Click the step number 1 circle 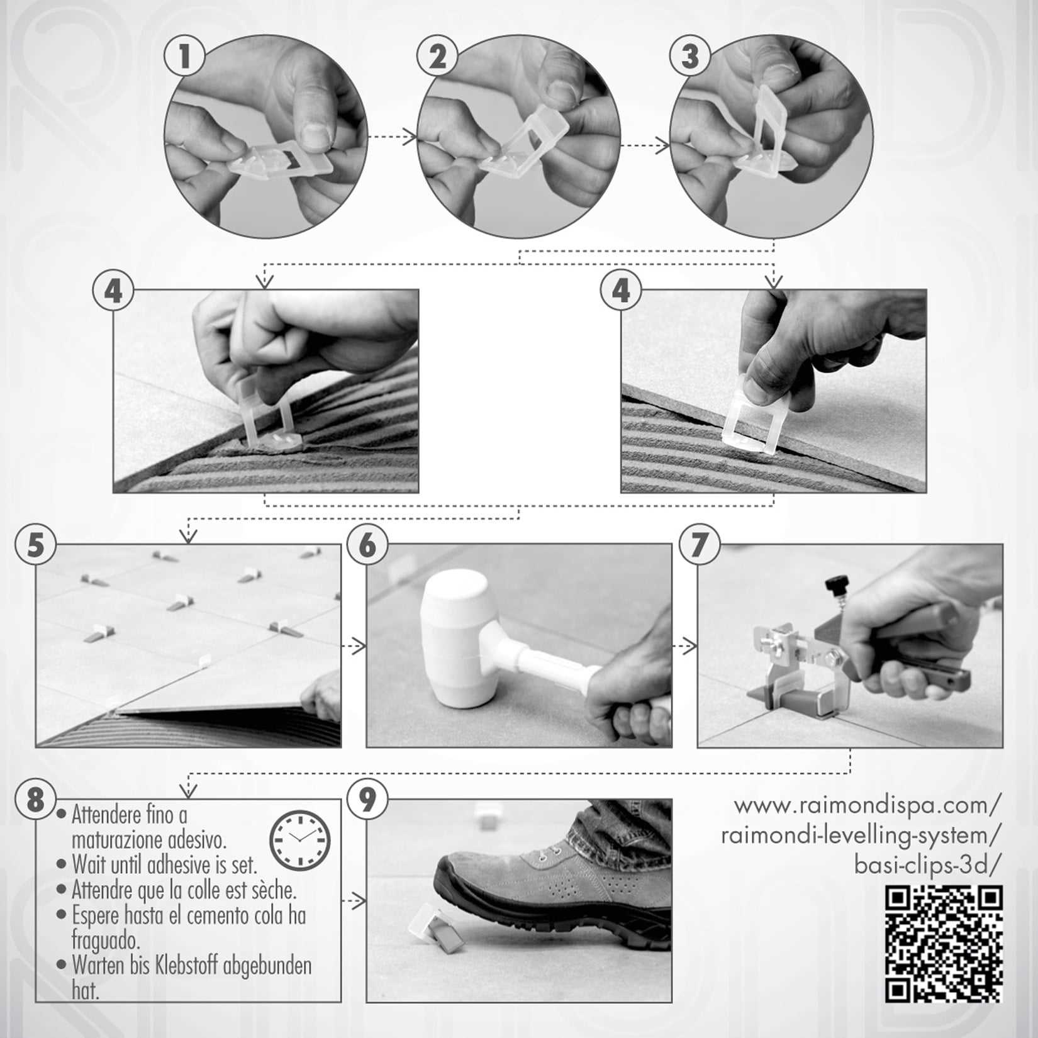coord(184,56)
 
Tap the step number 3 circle coord(690,56)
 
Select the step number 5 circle coord(35,545)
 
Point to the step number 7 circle coord(699,545)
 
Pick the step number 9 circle coord(367,800)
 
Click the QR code coord(944,944)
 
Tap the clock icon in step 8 coord(300,840)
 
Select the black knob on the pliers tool coord(835,584)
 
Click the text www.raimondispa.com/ coord(868,806)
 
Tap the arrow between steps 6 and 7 coord(684,646)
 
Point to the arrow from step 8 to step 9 coord(354,901)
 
